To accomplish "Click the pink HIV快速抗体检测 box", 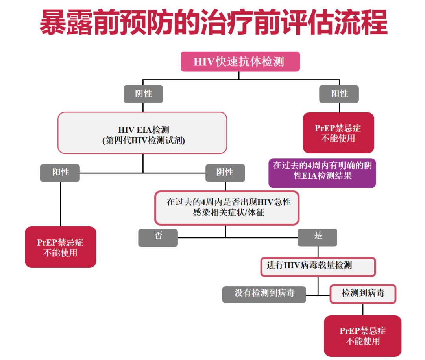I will (240, 62).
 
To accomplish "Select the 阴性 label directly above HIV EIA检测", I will (143, 94).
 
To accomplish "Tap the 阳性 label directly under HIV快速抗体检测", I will (339, 94).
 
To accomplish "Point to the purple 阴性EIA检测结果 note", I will (322, 173).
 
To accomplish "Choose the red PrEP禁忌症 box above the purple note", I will (338, 133).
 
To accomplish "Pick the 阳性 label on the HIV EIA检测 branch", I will (60, 173).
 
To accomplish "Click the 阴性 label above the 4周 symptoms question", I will (225, 173).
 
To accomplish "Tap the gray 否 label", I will (158, 237).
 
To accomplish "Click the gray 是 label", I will (317, 237).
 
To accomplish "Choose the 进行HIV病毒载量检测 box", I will (318, 267).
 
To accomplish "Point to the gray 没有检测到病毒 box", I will (264, 294).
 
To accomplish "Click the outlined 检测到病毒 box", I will (363, 294).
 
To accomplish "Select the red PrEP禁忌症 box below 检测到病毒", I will (362, 336).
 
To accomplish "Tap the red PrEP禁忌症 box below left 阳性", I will (60, 247).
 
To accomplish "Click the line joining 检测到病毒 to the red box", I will (363, 310).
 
